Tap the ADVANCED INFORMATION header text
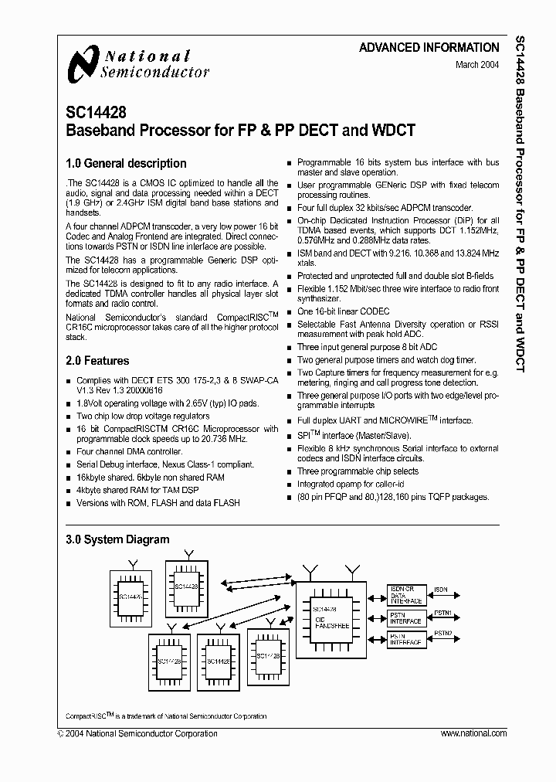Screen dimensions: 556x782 (x=429, y=48)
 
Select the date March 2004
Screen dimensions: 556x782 (x=477, y=66)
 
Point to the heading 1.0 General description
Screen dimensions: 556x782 (x=126, y=164)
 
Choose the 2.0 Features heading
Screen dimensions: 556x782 (x=97, y=361)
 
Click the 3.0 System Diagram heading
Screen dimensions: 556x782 (x=117, y=539)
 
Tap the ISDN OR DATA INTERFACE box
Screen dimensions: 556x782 (x=405, y=595)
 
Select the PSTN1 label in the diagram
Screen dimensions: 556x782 (x=442, y=614)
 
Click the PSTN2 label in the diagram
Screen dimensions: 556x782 (x=442, y=633)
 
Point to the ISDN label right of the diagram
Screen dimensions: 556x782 (x=440, y=590)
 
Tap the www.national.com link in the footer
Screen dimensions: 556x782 (x=472, y=733)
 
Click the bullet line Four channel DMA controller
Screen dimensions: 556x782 (x=130, y=452)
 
